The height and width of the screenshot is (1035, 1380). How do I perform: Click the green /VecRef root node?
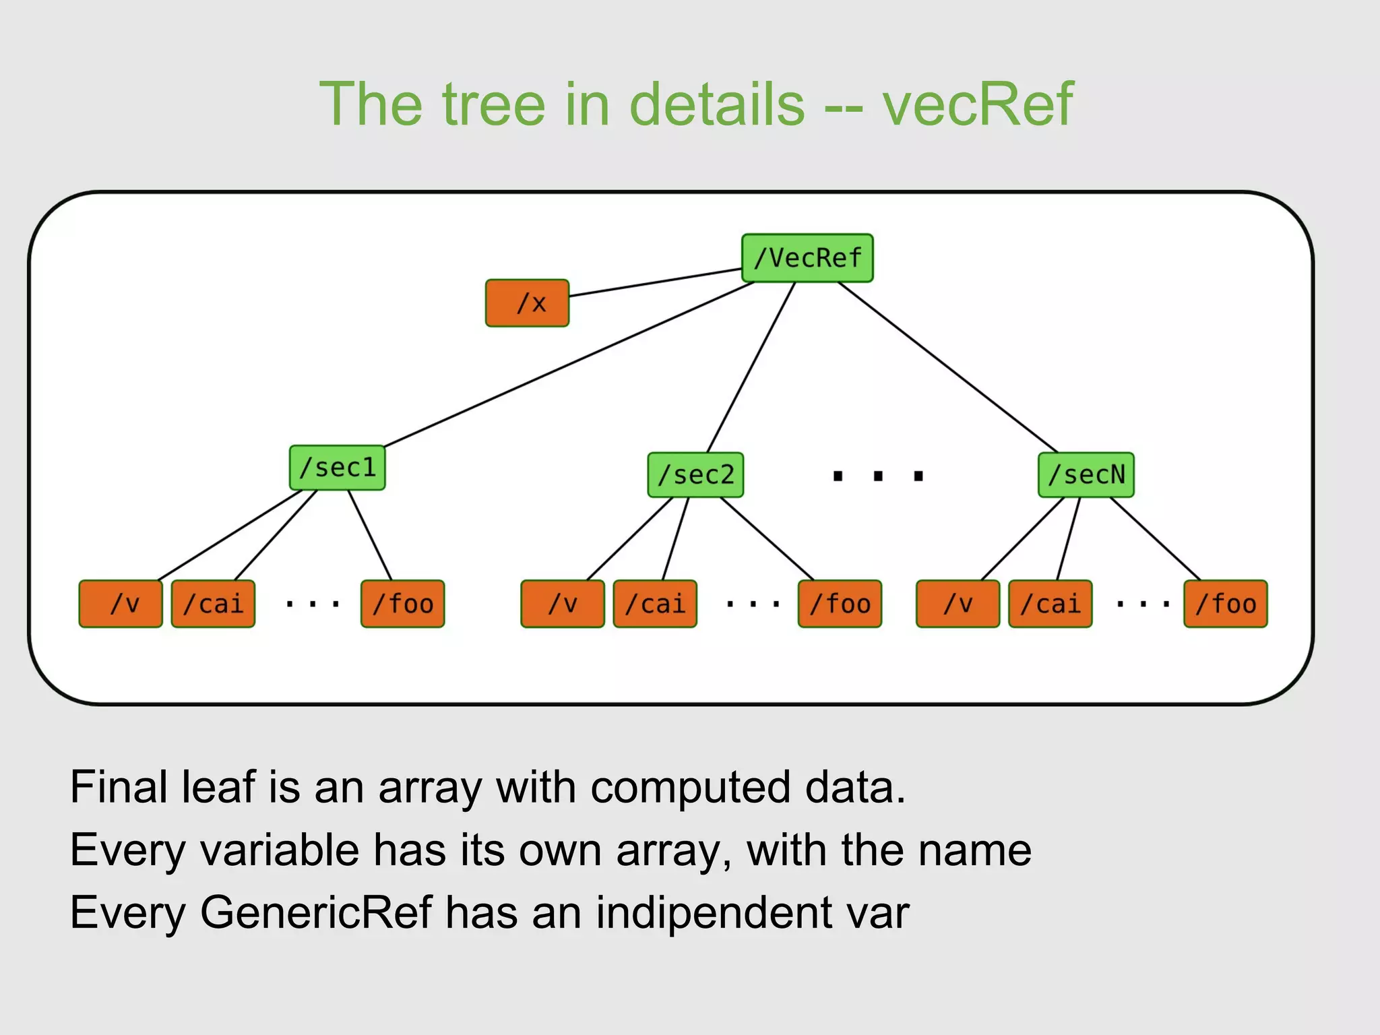point(807,258)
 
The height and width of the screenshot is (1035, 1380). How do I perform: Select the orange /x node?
point(527,303)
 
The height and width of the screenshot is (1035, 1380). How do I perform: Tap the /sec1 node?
point(337,468)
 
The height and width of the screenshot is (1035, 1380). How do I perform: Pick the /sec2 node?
point(695,475)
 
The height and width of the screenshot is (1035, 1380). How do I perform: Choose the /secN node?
point(1086,475)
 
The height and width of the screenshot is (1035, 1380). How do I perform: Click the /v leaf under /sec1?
point(121,604)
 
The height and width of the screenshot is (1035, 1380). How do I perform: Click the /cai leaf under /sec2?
point(655,604)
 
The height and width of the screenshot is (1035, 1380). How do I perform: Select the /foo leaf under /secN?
point(1225,604)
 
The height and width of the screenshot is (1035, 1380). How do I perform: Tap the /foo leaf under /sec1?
point(402,604)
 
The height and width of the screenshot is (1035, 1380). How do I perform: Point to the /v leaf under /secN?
point(958,604)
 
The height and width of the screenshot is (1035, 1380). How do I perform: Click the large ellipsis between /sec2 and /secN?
point(877,476)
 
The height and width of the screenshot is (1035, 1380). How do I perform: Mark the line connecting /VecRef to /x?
point(655,282)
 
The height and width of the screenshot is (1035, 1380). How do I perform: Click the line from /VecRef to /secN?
point(947,367)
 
